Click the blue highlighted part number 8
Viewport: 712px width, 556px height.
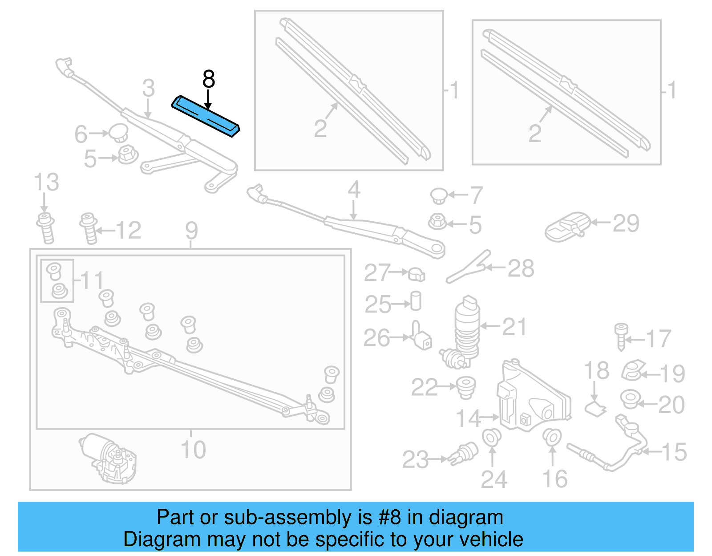click(206, 116)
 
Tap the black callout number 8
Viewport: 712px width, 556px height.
click(208, 80)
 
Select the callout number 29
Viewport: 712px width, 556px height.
click(626, 223)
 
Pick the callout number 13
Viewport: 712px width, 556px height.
click(46, 183)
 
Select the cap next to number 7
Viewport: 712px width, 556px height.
click(439, 195)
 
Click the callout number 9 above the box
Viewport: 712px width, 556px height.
click(191, 231)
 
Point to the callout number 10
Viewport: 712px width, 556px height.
click(193, 450)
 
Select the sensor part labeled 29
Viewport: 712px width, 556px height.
click(566, 227)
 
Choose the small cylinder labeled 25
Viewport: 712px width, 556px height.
click(416, 301)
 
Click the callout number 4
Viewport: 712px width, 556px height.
click(354, 190)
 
